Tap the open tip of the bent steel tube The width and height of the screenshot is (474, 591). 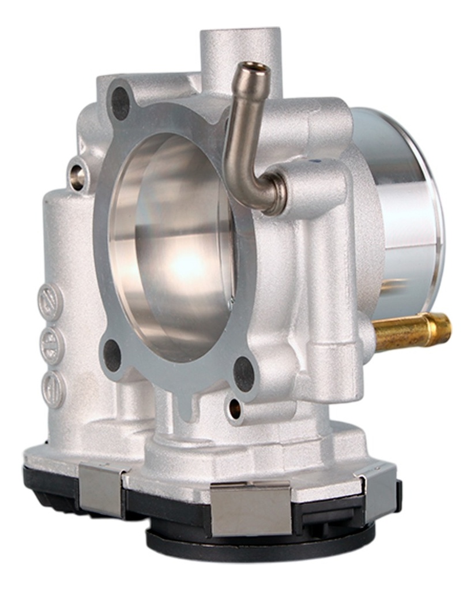(255, 69)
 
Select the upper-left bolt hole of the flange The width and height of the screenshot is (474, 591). (121, 103)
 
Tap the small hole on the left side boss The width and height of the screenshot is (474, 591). (77, 175)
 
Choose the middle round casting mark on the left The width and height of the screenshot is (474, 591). (51, 345)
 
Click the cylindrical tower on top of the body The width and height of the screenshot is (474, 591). (239, 52)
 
